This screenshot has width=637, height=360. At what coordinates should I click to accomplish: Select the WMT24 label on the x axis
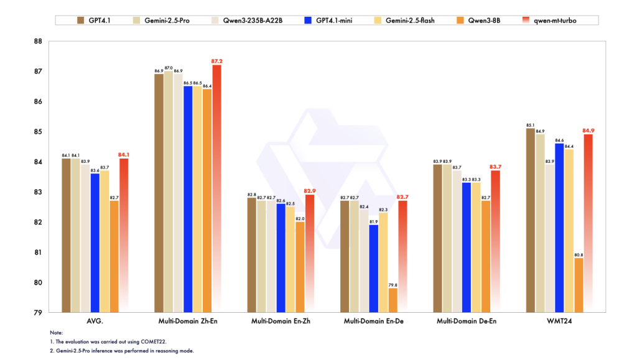(559, 321)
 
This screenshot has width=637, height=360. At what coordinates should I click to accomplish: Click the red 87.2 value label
(217, 61)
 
